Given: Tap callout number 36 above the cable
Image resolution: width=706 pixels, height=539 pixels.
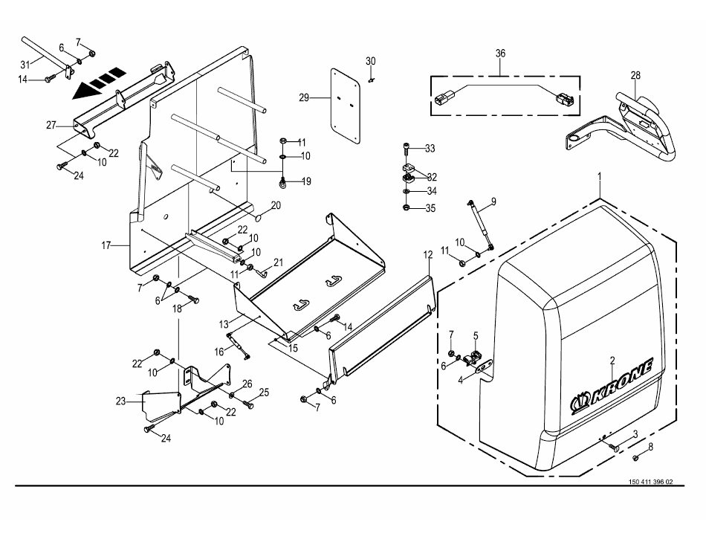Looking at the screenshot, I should click(500, 54).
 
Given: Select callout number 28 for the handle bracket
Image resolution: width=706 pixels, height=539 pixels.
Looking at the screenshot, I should click(635, 75).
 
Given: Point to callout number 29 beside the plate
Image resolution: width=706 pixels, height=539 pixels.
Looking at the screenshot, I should click(303, 97).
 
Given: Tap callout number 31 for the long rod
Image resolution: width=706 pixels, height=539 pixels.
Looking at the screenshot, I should click(25, 62).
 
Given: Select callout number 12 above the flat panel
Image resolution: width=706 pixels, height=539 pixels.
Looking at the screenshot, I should click(427, 255).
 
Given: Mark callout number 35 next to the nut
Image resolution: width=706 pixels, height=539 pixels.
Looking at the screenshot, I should click(430, 208).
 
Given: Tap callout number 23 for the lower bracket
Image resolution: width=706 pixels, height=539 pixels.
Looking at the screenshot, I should click(121, 401).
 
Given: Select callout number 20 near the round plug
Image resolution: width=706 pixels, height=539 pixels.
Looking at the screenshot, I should click(275, 204).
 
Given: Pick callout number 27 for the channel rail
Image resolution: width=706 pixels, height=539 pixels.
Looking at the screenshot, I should click(51, 125).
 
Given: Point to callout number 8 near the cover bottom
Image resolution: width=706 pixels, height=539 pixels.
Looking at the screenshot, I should click(650, 447).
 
